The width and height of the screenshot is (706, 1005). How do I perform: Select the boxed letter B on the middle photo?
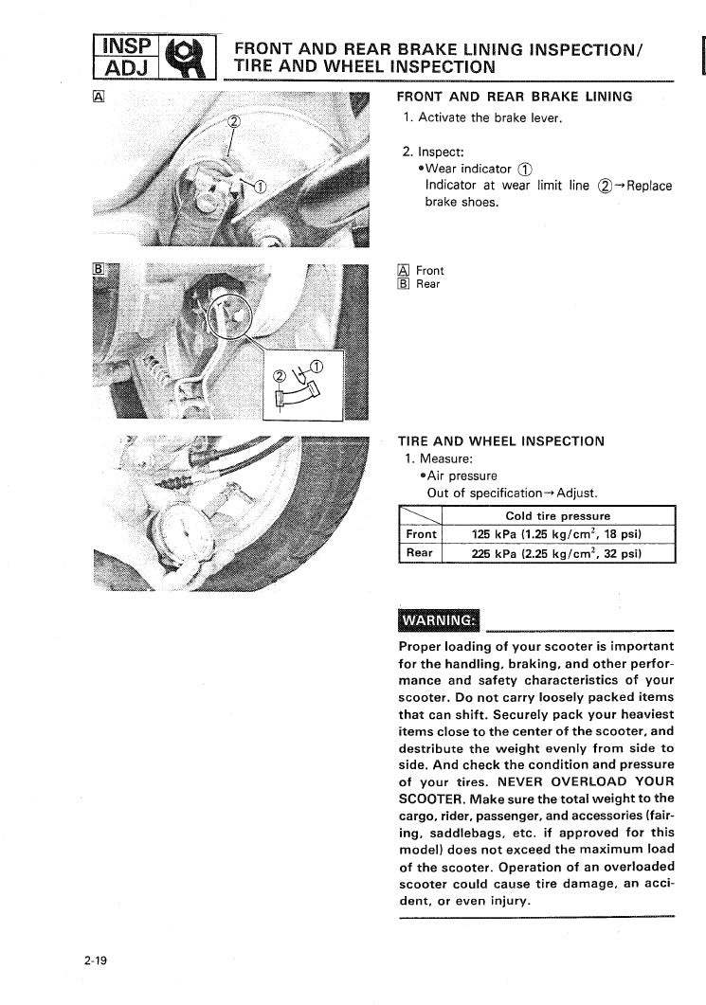[x=99, y=269]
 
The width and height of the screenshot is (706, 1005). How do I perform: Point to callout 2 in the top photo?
[x=236, y=120]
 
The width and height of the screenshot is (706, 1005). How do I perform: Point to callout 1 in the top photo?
[x=262, y=184]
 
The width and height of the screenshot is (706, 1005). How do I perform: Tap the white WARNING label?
[x=441, y=620]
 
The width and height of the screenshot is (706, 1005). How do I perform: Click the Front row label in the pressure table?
[x=421, y=533]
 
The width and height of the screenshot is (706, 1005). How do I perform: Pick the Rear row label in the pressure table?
[x=420, y=552]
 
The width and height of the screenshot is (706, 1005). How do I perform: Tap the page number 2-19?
[x=95, y=960]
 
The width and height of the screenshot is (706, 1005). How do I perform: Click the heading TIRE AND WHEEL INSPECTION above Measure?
[x=500, y=441]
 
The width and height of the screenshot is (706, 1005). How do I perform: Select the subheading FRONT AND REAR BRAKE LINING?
[x=514, y=97]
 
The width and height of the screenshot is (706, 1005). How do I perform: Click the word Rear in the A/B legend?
[x=428, y=284]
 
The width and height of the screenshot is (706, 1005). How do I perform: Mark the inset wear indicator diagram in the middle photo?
[x=298, y=385]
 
